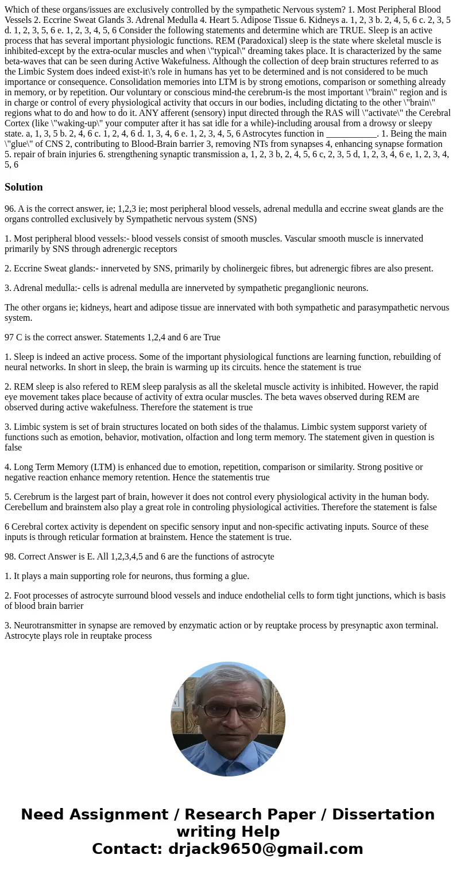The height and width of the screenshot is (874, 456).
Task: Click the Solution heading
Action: (x=24, y=187)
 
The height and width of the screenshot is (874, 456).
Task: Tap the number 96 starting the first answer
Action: (x=9, y=209)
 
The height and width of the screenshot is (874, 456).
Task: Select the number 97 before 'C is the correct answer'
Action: (x=9, y=337)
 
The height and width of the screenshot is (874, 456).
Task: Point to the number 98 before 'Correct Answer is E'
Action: (x=9, y=557)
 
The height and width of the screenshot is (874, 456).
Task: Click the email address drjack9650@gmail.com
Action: (x=266, y=849)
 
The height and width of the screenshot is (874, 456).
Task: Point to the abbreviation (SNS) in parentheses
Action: (x=245, y=219)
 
